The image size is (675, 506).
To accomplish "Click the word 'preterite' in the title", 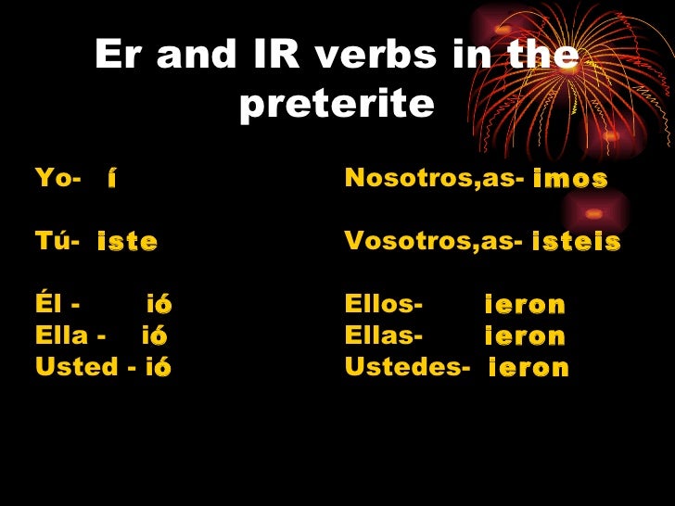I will [337, 105].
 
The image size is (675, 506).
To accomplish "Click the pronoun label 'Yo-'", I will [57, 178].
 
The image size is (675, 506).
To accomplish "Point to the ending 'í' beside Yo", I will [111, 179].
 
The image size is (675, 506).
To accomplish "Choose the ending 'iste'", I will [127, 242].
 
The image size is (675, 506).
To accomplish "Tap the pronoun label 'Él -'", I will [57, 305].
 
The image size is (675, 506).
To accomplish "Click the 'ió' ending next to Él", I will [159, 305].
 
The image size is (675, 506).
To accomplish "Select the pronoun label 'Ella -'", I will [70, 336].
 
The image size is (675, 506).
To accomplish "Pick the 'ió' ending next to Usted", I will [159, 368].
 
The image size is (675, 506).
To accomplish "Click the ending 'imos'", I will [570, 179].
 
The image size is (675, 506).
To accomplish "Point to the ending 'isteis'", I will [577, 242].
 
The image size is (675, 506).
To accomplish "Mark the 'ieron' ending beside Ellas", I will [525, 336].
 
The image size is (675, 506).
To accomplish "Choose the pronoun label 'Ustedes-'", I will [407, 368].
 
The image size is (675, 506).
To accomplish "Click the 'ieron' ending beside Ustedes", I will [529, 368].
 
